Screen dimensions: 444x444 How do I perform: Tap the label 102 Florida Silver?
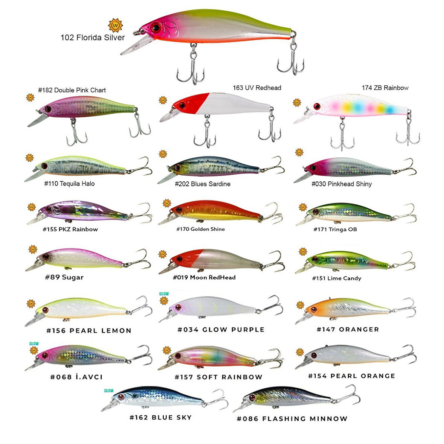tap(93, 38)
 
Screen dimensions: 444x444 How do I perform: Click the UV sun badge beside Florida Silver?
tap(116, 25)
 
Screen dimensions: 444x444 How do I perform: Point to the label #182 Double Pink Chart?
tap(72, 90)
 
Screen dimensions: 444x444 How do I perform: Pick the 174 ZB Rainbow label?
tap(385, 88)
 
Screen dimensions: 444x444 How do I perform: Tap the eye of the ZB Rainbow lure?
tap(317, 106)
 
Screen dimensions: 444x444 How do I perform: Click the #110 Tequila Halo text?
tap(69, 184)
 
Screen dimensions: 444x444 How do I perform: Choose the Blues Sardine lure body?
tap(214, 166)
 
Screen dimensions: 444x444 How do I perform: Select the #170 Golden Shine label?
tap(201, 229)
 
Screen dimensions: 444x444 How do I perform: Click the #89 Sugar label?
tap(64, 277)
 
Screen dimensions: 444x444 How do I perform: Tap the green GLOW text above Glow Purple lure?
tap(164, 294)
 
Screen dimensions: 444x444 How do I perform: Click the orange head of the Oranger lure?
tap(316, 309)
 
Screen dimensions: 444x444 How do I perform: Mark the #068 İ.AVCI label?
tap(76, 377)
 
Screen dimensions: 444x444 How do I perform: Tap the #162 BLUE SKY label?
tap(161, 418)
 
